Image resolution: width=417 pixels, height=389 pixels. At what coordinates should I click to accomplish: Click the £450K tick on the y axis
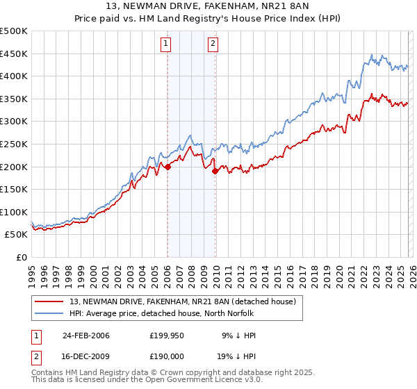tap(15, 53)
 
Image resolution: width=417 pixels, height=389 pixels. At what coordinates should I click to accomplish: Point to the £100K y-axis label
tap(15, 212)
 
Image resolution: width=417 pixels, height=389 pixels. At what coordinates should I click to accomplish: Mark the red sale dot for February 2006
tap(167, 166)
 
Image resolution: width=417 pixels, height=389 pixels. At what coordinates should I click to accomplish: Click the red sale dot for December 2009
tap(215, 171)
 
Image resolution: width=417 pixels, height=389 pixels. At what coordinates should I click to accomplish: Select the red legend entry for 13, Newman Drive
tap(183, 301)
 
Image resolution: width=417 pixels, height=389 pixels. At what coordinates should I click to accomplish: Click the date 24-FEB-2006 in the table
tap(86, 336)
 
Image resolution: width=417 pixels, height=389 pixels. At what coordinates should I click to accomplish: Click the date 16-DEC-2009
tap(86, 357)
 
